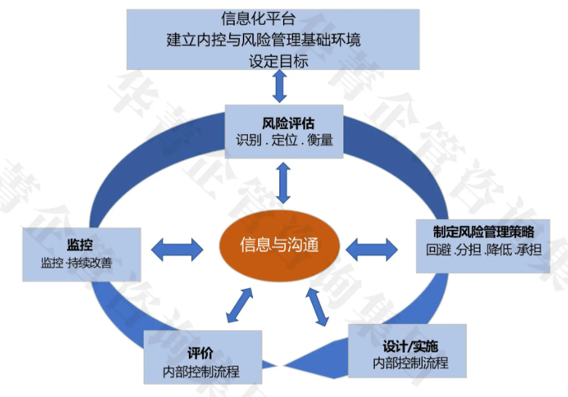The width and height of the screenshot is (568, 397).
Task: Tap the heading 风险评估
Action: pyautogui.click(x=284, y=120)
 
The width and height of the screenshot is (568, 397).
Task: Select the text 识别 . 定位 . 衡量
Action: pyautogui.click(x=284, y=139)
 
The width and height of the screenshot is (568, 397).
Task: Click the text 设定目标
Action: pyautogui.click(x=278, y=60)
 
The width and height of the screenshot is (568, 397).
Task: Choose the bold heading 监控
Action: pyautogui.click(x=79, y=244)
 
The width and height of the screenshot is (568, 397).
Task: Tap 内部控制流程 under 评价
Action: pyautogui.click(x=201, y=371)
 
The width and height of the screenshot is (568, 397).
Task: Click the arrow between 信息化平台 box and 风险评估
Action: pyautogui.click(x=279, y=86)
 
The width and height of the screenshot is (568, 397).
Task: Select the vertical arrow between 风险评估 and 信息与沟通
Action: pyautogui.click(x=284, y=182)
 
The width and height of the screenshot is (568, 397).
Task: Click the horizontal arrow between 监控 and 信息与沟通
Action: pyautogui.click(x=176, y=250)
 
